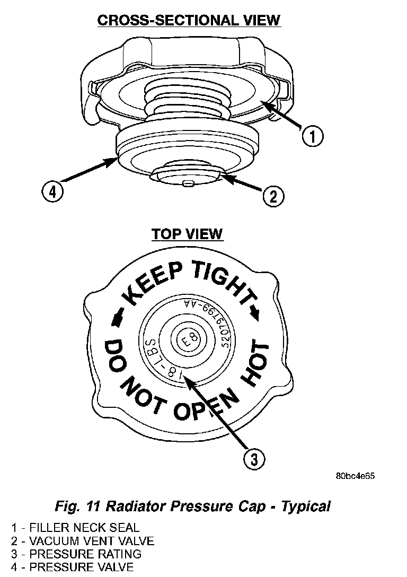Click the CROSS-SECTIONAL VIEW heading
189,20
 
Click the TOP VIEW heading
187,234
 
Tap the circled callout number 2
273,197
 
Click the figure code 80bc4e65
355,476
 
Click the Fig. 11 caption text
192,506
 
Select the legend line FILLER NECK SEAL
75,528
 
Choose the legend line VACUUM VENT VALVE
83,541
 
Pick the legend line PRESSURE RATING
76,554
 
